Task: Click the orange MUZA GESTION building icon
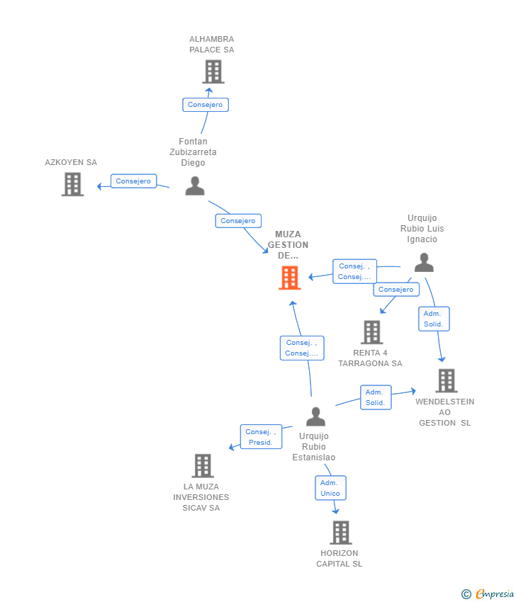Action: pos(290,278)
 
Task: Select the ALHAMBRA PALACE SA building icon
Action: pos(213,72)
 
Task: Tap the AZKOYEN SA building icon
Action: pos(72,184)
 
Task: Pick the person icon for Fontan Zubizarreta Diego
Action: pos(195,186)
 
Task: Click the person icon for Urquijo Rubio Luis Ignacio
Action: pos(424,263)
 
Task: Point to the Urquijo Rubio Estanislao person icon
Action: pos(316,416)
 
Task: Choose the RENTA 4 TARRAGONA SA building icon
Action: pos(372,332)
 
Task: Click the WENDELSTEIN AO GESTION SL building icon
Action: pos(447,380)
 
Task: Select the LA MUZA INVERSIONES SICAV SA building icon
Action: pos(203,466)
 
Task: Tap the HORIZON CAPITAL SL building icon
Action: pos(341,533)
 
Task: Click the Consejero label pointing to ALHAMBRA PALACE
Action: pos(206,105)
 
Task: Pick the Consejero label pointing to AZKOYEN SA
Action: pos(134,181)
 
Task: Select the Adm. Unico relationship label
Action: pos(330,488)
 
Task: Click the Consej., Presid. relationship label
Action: pos(262,437)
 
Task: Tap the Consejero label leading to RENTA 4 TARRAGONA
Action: pos(396,290)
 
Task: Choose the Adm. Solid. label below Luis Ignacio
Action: pos(434,319)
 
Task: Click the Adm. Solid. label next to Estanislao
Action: pos(376,397)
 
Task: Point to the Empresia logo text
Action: pos(495,594)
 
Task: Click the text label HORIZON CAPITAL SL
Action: pos(340,559)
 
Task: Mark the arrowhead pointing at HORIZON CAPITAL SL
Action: pos(336,511)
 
